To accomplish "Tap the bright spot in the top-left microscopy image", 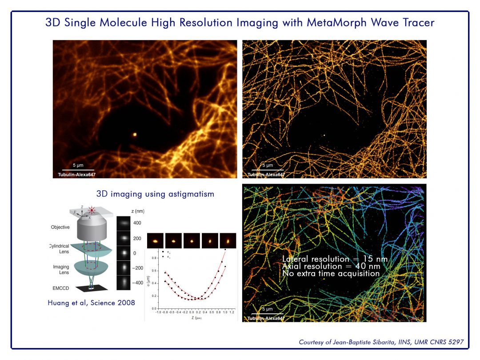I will tap(135, 133).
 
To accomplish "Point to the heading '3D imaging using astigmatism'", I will tap(155, 194).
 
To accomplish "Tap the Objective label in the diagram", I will tap(60, 227).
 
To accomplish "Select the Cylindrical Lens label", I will tap(59, 248).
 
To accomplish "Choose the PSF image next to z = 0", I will tap(124, 252).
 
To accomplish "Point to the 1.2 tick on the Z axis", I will tap(232, 312).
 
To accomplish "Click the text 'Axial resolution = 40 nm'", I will tap(331, 266).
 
